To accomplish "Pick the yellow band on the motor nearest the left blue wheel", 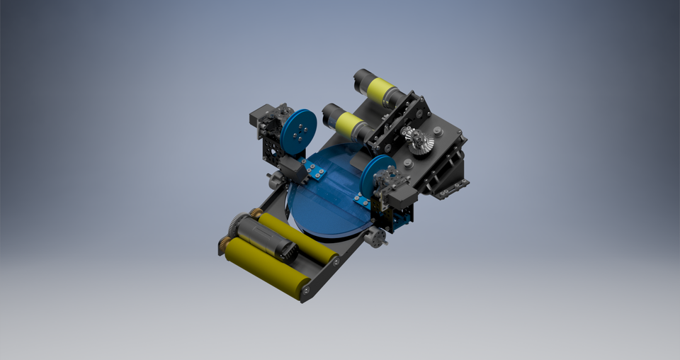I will [348, 125].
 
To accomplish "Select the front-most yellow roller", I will [266, 269].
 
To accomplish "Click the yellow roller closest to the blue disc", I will [297, 237].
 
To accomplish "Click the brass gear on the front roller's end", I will [223, 246].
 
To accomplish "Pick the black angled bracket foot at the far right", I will [453, 187].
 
